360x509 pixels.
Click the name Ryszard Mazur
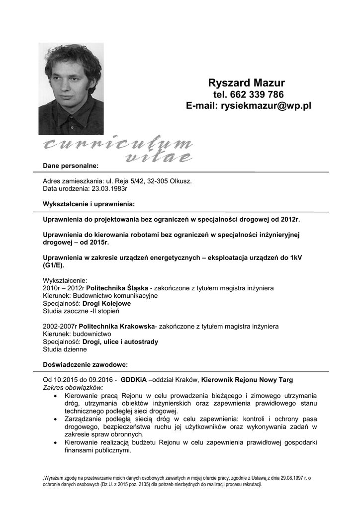coord(246,83)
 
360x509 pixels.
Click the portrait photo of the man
coord(71,88)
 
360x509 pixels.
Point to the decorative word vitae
coord(158,158)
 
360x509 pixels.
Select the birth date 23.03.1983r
coord(110,189)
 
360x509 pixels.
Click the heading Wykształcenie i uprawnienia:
coord(89,204)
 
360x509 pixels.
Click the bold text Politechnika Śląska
coord(117,288)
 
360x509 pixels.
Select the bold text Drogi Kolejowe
coord(106,303)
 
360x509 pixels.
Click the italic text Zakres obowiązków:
coord(73,387)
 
